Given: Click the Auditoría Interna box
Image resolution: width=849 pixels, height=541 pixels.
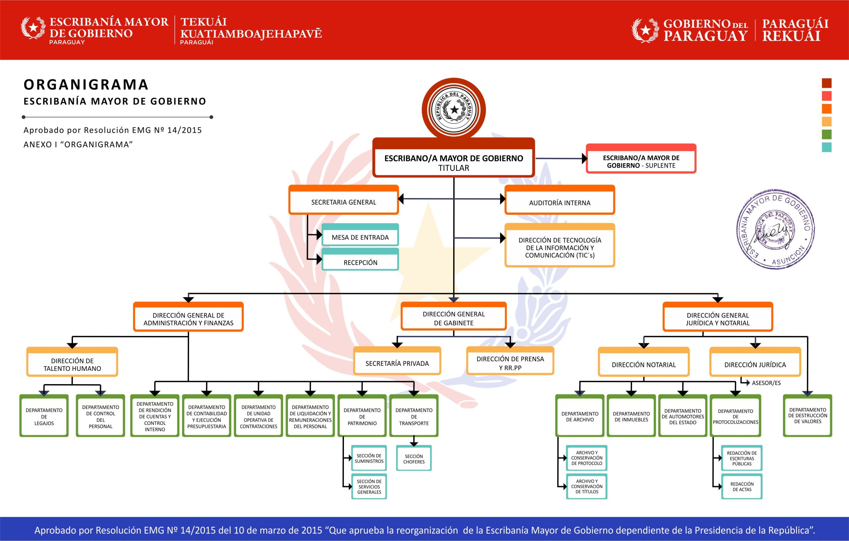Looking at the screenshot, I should click(559, 201).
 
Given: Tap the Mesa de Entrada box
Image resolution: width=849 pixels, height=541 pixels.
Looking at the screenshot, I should click(360, 236).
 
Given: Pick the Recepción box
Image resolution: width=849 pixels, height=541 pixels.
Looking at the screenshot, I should click(360, 260).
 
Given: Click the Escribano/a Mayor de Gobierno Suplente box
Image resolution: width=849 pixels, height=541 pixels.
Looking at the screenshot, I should click(641, 160).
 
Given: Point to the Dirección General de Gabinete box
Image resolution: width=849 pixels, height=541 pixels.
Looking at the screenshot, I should click(453, 317).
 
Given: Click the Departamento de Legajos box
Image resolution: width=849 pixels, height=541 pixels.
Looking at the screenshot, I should click(44, 416).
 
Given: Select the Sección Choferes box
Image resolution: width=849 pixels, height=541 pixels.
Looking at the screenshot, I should click(414, 459).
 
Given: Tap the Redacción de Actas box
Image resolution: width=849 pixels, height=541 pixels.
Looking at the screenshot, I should click(742, 487).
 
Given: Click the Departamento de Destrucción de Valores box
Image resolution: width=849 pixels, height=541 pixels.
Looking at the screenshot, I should click(808, 416).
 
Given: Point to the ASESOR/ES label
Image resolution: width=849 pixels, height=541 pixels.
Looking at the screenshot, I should click(766, 383).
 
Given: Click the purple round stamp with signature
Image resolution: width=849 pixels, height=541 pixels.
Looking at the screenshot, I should click(775, 229).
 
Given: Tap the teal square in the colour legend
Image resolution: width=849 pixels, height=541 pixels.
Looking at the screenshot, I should click(826, 147).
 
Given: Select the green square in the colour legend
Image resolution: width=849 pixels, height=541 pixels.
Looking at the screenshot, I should click(826, 134).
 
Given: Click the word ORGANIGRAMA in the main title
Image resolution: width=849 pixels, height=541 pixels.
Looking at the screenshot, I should click(86, 85).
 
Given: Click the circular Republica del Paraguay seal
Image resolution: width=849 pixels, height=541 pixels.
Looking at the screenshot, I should click(454, 109).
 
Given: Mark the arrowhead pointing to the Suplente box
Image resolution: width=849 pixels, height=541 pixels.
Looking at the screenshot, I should click(585, 159).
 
